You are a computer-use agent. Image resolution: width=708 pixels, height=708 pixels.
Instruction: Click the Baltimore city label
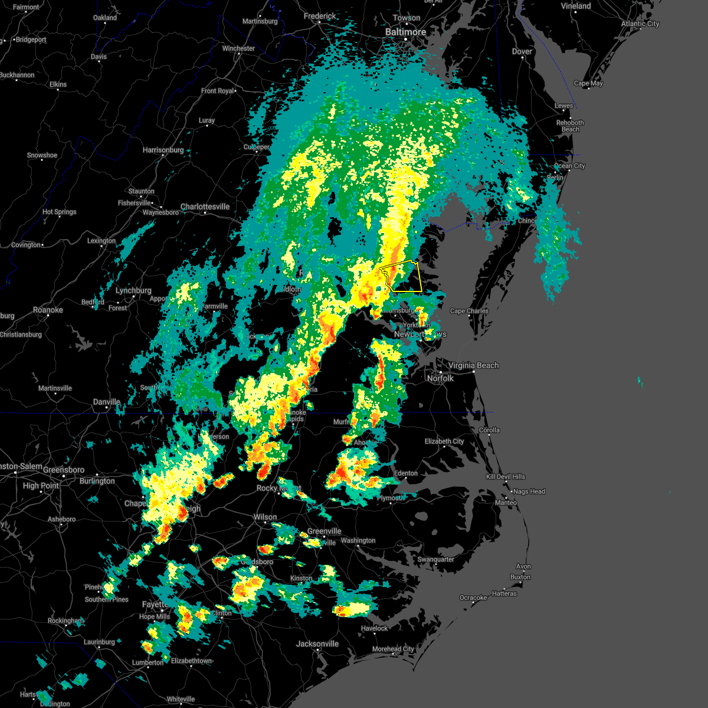click(x=405, y=32)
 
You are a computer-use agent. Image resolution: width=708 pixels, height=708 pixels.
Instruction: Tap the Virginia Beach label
click(x=473, y=366)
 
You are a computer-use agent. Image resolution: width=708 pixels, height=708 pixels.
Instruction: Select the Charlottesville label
click(x=205, y=207)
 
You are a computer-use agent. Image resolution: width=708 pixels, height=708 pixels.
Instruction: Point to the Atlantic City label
click(x=640, y=24)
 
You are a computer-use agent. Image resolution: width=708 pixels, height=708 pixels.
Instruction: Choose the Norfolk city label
click(x=440, y=378)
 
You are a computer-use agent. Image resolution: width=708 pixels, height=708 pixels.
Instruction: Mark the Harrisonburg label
click(x=163, y=150)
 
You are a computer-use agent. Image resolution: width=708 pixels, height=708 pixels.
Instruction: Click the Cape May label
click(x=588, y=84)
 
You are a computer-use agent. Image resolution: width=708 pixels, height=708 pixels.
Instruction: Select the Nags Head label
click(x=529, y=491)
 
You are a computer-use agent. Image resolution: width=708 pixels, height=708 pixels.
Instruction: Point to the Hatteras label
click(x=504, y=594)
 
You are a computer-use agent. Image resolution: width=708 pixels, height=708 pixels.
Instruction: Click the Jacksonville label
click(x=317, y=644)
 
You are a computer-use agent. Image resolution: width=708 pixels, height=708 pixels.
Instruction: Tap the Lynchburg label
click(x=133, y=291)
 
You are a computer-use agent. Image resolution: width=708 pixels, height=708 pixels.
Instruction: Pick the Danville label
click(x=107, y=402)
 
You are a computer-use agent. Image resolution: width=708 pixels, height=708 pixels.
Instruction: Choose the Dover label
click(x=522, y=52)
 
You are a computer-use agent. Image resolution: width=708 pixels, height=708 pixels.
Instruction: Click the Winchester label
click(x=238, y=49)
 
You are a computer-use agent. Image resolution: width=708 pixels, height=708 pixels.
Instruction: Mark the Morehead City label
click(x=393, y=649)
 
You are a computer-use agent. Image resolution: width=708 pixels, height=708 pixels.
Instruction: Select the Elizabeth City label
click(x=444, y=441)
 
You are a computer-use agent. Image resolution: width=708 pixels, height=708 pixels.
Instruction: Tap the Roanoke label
click(x=48, y=310)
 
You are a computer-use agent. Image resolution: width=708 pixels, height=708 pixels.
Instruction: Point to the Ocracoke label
click(x=473, y=598)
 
